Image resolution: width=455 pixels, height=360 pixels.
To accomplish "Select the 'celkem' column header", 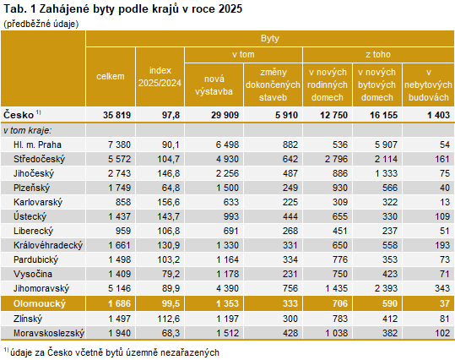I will (x=111, y=76).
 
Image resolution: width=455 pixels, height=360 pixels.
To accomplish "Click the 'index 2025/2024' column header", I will (x=160, y=76).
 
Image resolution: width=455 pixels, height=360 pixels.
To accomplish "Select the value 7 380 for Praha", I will (x=118, y=145).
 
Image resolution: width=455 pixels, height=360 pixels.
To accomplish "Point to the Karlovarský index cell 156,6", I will (x=166, y=203).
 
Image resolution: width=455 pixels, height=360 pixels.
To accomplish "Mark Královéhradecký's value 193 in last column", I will (x=439, y=243).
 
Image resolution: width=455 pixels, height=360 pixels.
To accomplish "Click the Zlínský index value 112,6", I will (x=166, y=318).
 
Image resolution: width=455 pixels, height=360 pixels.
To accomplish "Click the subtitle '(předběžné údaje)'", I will (x=41, y=24).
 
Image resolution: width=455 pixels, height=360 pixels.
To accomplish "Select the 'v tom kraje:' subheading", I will (x=27, y=130).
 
